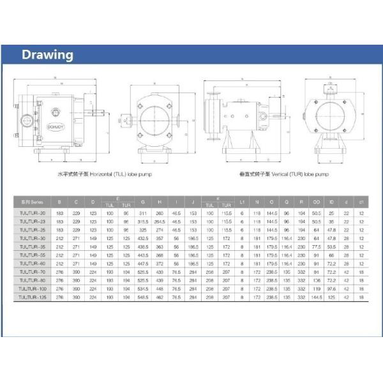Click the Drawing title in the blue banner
(x=48, y=54)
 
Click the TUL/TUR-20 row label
(x=31, y=212)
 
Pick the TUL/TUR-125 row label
(x=31, y=297)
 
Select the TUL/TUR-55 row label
(x=31, y=254)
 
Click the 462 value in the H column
(x=160, y=297)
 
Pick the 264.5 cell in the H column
(x=160, y=220)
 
